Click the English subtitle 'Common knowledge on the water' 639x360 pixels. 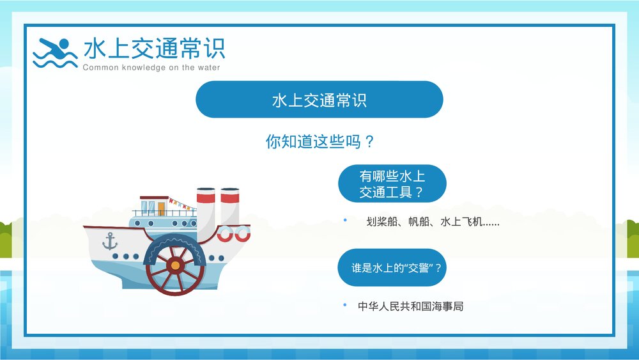(151, 68)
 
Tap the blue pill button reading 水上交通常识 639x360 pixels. (319, 100)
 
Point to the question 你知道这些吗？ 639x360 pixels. (319, 141)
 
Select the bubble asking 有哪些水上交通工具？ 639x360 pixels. (392, 184)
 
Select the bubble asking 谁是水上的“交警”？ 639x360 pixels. (392, 268)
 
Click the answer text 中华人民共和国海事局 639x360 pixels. (410, 306)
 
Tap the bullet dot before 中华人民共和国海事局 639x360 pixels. (345, 305)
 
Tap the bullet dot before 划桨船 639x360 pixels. (345, 221)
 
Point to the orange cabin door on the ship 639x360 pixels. (161, 208)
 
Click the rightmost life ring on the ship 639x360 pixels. (242, 233)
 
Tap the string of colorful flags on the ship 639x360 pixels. (181, 205)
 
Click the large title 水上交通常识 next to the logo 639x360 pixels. (154, 49)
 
